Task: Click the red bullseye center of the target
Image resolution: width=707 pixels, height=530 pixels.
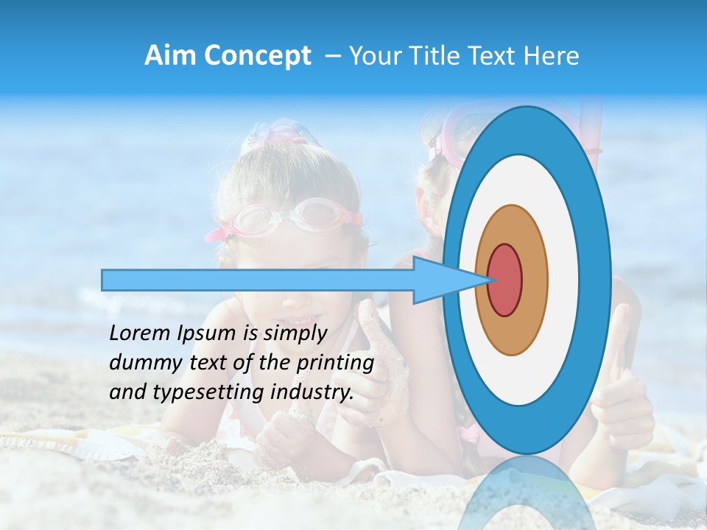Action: coord(504,280)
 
